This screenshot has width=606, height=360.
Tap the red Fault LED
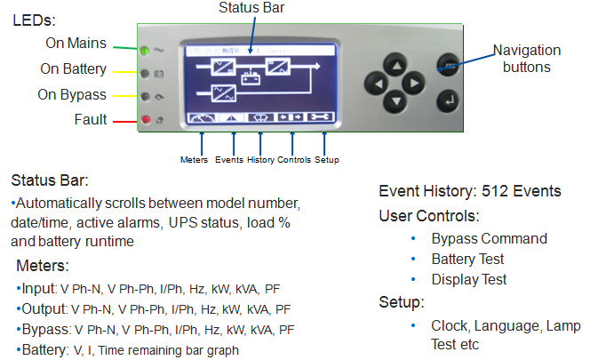(145, 119)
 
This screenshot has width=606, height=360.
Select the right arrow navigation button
(413, 84)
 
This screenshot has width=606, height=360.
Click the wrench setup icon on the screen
(323, 116)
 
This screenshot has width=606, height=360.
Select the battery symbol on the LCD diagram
(251, 76)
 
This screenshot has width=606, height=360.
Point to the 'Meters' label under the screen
(193, 160)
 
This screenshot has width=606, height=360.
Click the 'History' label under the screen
(260, 160)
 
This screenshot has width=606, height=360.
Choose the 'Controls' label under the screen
(294, 160)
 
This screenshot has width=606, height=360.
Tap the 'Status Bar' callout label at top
(250, 8)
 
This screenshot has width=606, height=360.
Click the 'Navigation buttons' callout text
(527, 59)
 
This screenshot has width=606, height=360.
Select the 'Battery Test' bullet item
(467, 259)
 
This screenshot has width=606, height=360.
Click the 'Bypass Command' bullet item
(489, 238)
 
